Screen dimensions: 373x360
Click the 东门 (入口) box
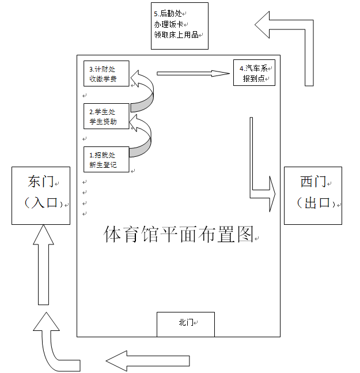40,195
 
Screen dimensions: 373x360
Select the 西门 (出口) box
313,195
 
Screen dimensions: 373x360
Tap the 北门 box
185,324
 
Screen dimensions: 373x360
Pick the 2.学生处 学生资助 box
106,116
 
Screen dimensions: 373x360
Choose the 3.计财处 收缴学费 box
106,74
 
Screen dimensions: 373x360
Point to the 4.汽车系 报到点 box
254,73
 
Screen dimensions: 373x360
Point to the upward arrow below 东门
44,265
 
